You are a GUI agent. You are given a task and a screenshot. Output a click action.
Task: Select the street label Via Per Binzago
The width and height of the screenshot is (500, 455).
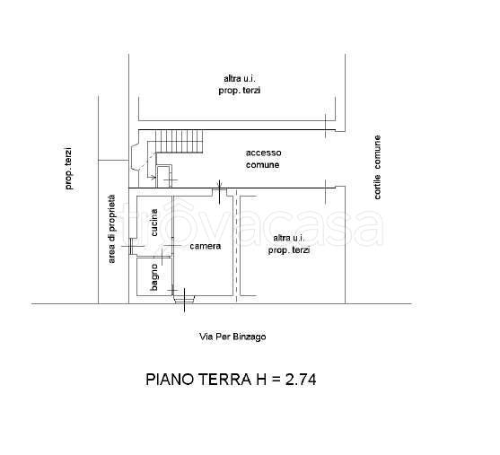(232, 337)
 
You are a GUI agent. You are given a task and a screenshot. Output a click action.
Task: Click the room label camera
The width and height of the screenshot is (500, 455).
(205, 246)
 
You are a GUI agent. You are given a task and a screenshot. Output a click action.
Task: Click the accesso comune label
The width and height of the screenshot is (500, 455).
(263, 159)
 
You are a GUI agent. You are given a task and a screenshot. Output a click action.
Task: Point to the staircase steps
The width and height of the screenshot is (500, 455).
(178, 141)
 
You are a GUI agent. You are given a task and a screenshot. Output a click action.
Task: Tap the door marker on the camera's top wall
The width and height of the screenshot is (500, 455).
(220, 189)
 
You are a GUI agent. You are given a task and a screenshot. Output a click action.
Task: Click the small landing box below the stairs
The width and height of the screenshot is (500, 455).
(164, 176)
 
